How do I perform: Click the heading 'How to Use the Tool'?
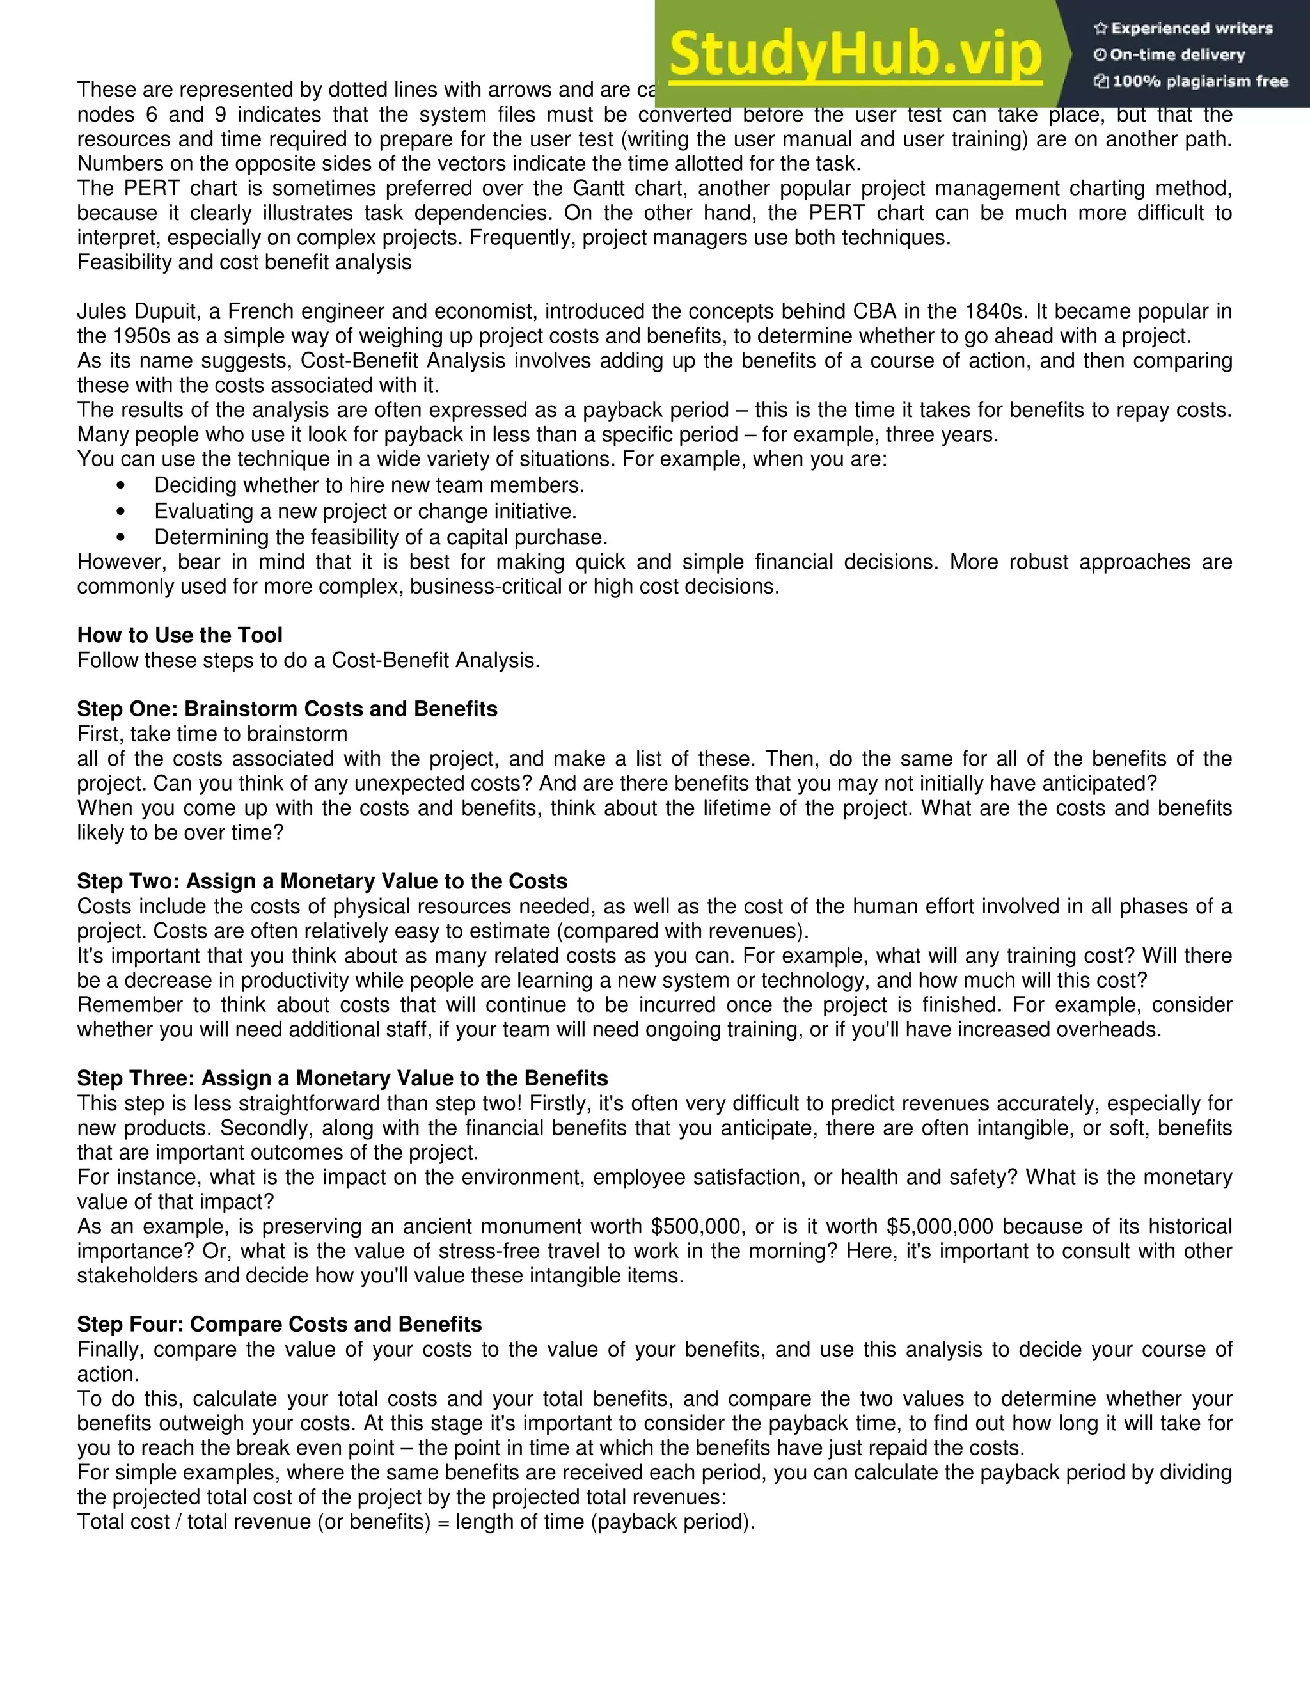coord(179,635)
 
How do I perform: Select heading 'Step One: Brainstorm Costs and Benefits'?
coord(287,709)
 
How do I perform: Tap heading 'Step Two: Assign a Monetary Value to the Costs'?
coord(322,881)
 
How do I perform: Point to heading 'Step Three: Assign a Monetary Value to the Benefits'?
coord(342,1078)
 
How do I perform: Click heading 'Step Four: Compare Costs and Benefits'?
coord(280,1324)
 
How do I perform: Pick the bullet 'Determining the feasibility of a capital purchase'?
coord(381,537)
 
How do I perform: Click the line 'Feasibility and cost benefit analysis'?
coord(244,262)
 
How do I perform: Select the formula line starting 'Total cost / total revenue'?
coord(416,1521)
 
